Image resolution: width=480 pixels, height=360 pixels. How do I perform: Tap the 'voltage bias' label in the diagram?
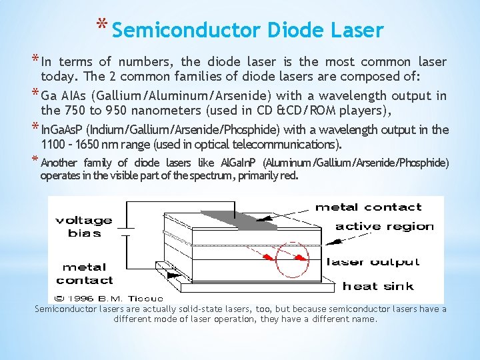pos(84,227)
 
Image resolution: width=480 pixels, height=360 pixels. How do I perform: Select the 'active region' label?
pos(385,227)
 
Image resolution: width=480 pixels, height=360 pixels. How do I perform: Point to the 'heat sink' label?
pos(378,287)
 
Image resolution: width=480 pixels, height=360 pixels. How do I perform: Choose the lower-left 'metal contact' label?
pos(85,274)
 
